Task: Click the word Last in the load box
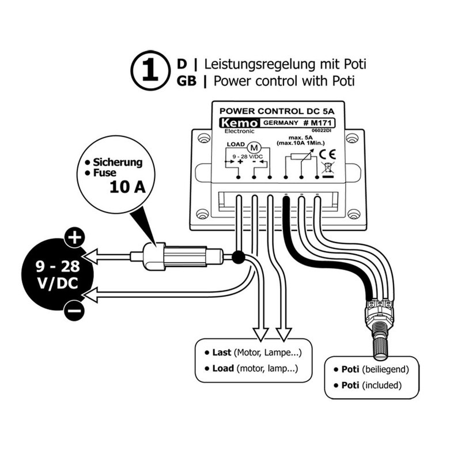[221, 352]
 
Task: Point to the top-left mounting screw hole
[202, 139]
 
